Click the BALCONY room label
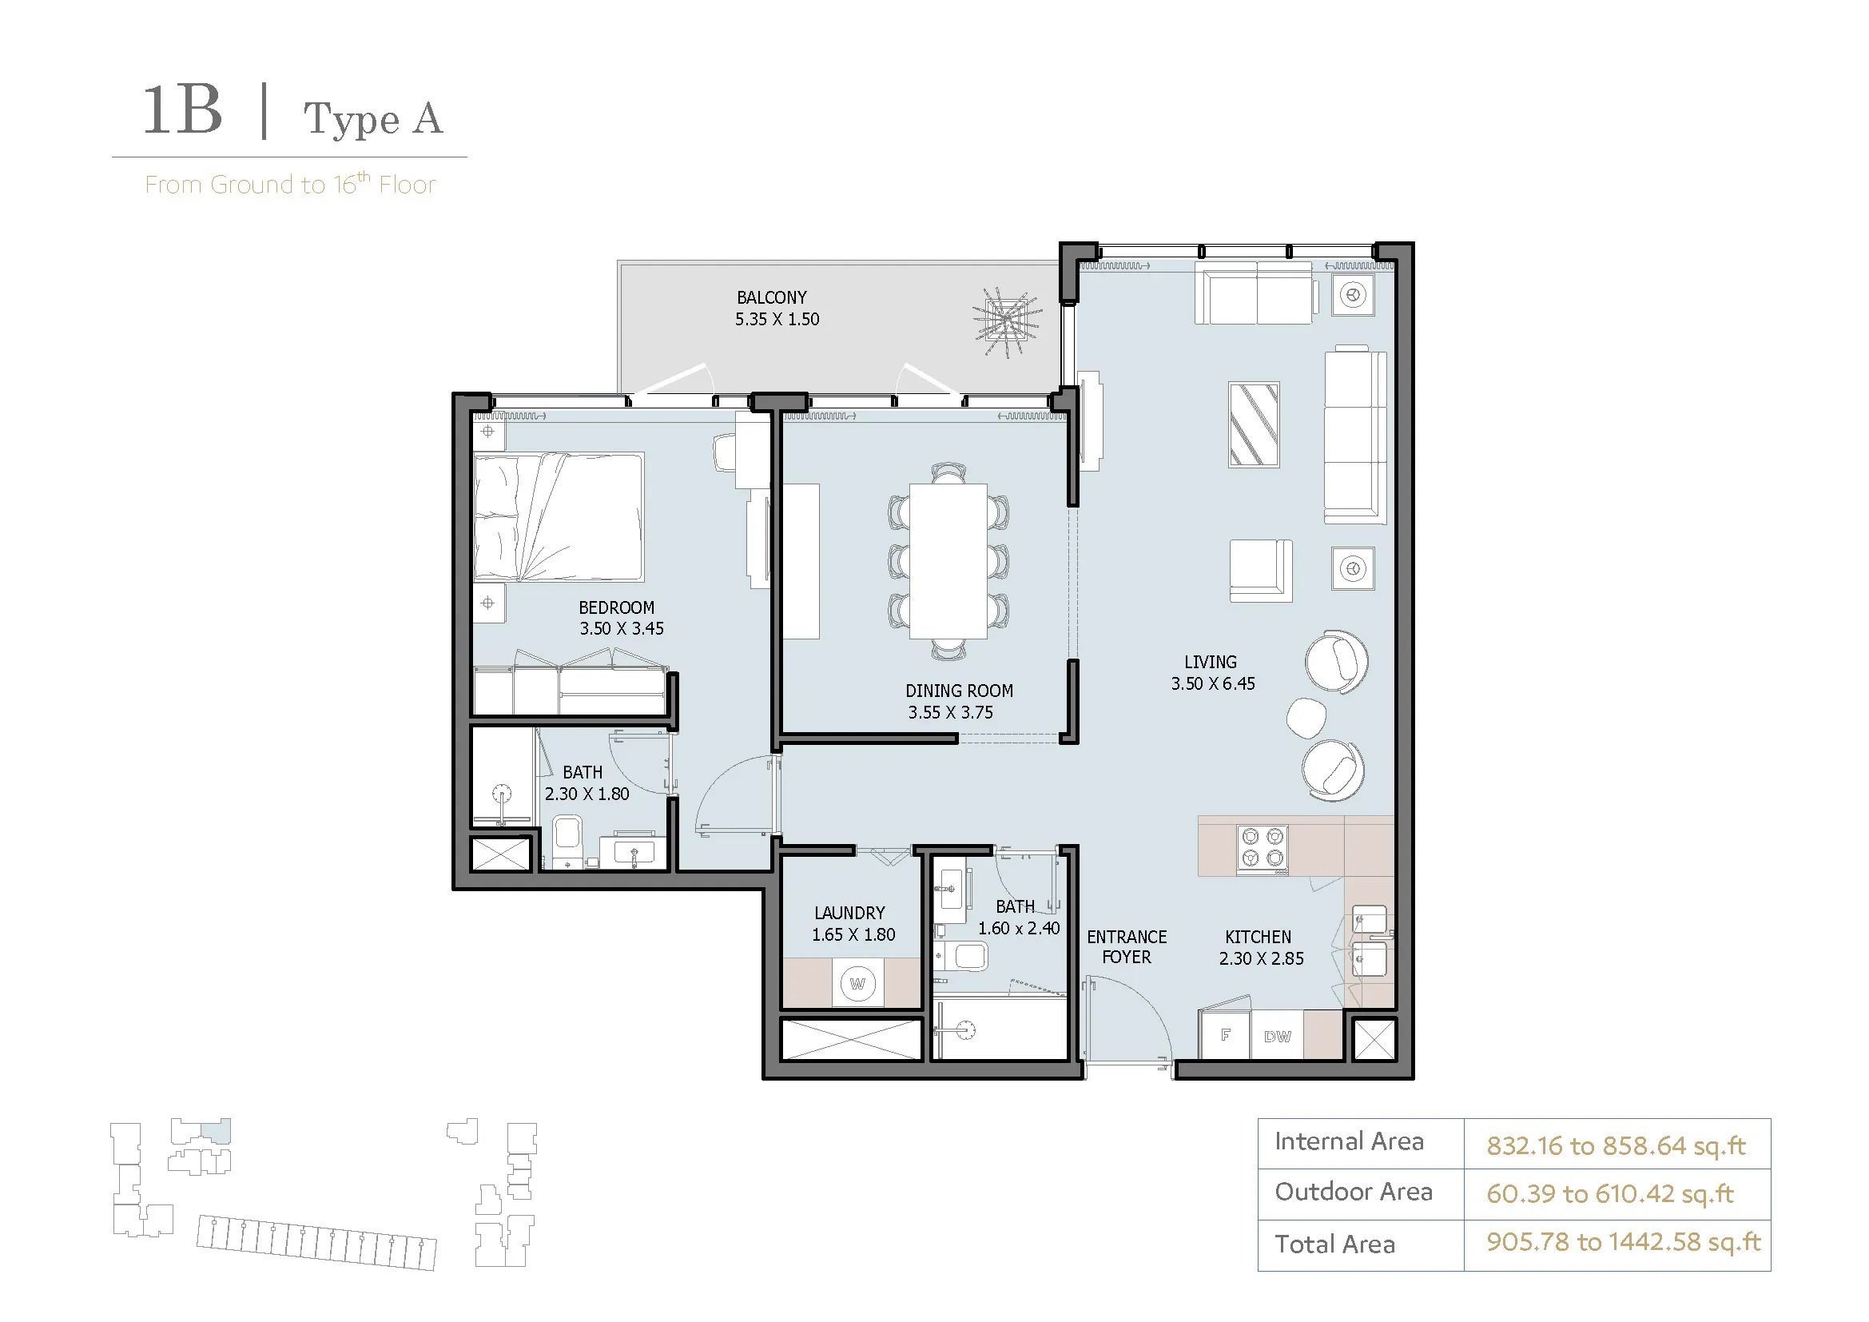click(772, 298)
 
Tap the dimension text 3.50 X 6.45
click(1213, 684)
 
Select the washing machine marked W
click(857, 983)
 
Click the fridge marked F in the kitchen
click(1225, 1034)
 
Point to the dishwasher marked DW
click(1277, 1035)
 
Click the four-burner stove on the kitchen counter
click(1263, 848)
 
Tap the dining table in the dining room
click(948, 562)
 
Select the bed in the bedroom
click(559, 518)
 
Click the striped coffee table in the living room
click(1254, 425)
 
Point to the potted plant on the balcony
click(1007, 322)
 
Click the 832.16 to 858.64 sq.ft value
click(1616, 1146)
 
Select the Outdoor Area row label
click(1353, 1192)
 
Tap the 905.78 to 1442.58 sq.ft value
click(1623, 1241)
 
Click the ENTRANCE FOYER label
click(1127, 946)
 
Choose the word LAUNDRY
click(850, 914)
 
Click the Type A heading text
click(373, 120)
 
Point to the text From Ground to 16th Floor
click(291, 184)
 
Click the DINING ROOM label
click(959, 691)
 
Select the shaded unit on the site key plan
click(216, 1130)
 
